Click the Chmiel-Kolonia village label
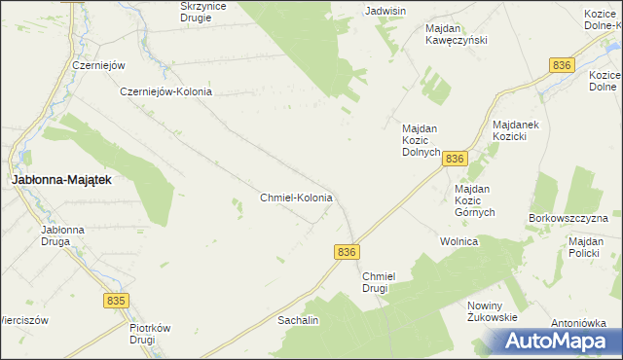[x=296, y=198]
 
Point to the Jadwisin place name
[x=385, y=11]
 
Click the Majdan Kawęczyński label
[x=456, y=34]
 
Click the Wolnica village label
[x=458, y=240]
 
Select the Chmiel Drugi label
[x=375, y=282]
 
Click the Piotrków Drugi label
[x=150, y=335]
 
